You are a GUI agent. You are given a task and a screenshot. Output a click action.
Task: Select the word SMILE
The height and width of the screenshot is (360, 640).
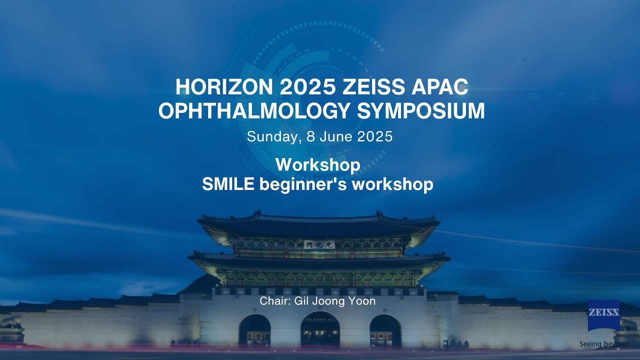pos(228,184)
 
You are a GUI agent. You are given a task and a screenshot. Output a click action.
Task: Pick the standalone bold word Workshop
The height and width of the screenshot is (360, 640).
pos(317,164)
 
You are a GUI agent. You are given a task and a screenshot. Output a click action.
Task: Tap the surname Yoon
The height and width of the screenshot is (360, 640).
pos(363,301)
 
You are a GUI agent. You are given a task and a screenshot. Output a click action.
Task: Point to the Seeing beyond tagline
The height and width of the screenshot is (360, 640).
pos(603,344)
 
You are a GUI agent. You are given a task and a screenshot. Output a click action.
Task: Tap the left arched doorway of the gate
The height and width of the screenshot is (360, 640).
pos(254,330)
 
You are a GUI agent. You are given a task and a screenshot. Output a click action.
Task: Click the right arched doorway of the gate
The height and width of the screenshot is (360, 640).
pos(385,330)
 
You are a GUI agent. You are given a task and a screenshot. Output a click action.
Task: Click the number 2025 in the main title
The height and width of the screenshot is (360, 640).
pos(307,87)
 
